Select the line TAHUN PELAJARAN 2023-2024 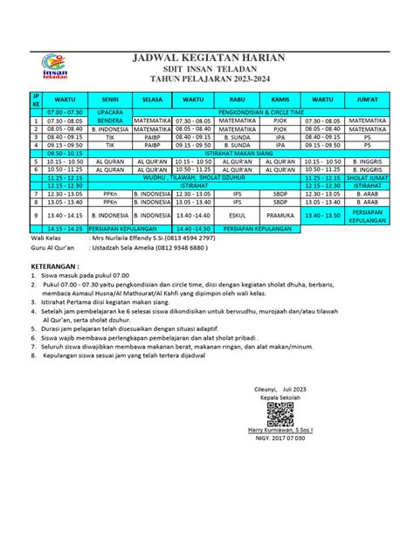click(x=205, y=79)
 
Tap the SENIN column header click(x=110, y=100)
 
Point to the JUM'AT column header click(x=367, y=100)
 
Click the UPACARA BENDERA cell click(x=110, y=116)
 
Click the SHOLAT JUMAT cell click(x=367, y=176)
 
